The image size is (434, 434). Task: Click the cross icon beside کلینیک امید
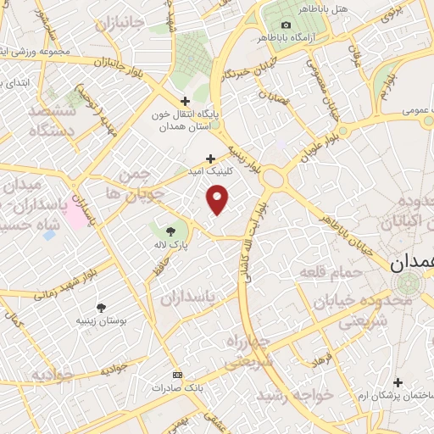coord(211,158)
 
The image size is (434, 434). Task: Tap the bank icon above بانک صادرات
coord(176,374)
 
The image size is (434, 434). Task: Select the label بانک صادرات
coord(175,387)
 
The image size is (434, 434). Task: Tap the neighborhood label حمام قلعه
coord(331,272)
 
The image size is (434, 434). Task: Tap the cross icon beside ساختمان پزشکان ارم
coord(398,381)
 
